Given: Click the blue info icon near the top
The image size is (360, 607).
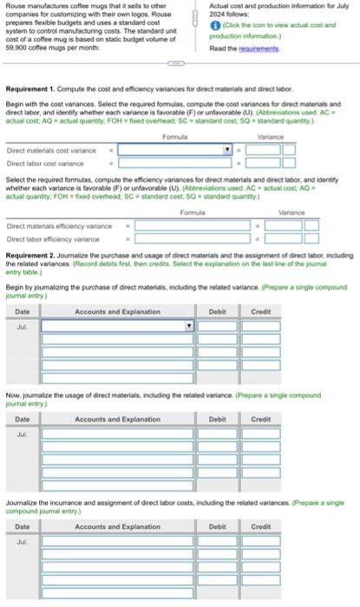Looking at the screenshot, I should point(213,26).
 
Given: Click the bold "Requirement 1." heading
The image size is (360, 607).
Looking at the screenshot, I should point(36,88).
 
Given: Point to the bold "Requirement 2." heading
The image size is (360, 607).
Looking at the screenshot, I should point(36,256).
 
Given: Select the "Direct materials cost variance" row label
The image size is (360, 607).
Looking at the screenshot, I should point(45,149).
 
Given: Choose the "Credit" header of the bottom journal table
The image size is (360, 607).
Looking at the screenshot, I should point(260,526).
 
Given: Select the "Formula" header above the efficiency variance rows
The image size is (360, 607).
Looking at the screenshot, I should point(192,212).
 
